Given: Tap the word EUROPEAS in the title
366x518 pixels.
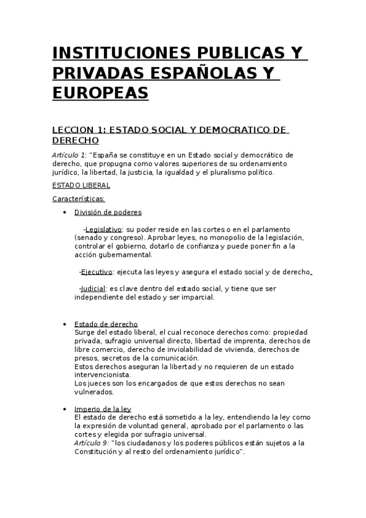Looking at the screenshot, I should (x=100, y=93).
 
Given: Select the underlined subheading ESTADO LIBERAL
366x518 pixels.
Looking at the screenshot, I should (x=81, y=185).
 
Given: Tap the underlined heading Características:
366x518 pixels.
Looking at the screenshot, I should (x=79, y=199).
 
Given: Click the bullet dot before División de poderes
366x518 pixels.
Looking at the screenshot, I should (x=65, y=213).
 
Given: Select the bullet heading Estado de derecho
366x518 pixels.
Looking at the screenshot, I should (x=106, y=324).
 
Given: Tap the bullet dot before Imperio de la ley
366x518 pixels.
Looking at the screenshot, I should (x=65, y=409).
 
